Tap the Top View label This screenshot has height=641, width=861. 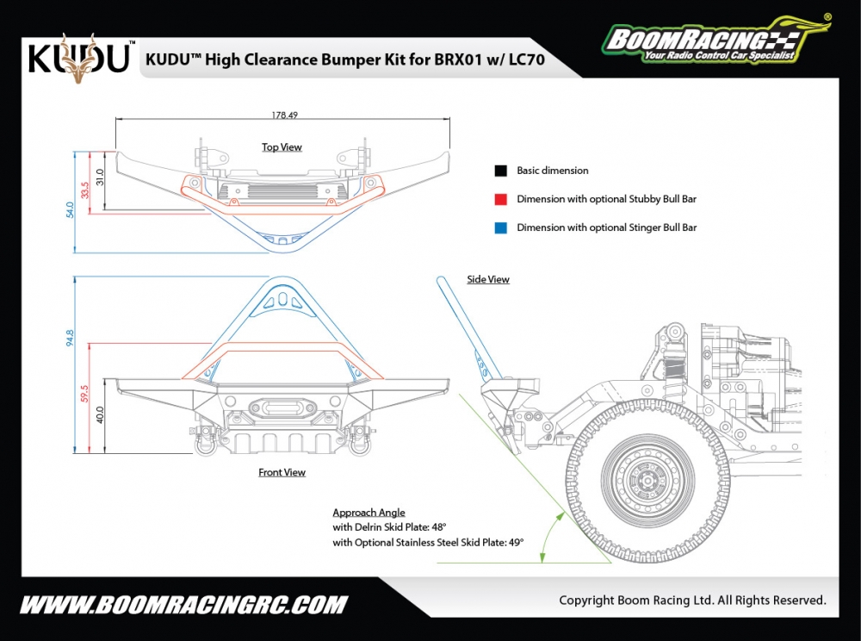point(282,147)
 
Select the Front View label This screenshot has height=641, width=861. point(282,472)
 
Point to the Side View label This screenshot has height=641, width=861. point(488,279)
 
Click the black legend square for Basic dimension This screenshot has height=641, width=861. point(500,171)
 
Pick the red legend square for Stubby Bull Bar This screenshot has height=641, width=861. point(500,199)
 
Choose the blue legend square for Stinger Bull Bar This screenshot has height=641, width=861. point(500,227)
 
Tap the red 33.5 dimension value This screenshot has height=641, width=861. point(84,190)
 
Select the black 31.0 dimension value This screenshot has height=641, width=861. point(100,177)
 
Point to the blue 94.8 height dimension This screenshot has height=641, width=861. point(70,337)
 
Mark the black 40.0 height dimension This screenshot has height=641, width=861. point(100,414)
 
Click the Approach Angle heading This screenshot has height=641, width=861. point(369,513)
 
